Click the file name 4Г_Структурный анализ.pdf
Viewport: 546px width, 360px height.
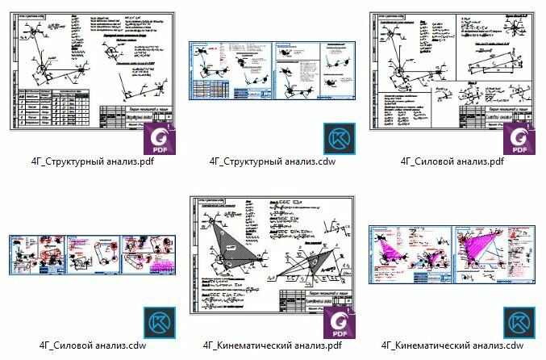click(x=93, y=161)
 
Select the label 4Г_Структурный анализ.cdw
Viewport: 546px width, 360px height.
click(x=273, y=161)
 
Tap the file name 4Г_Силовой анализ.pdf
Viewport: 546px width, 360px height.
click(x=452, y=161)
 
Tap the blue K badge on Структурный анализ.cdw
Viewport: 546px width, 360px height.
click(x=339, y=139)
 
